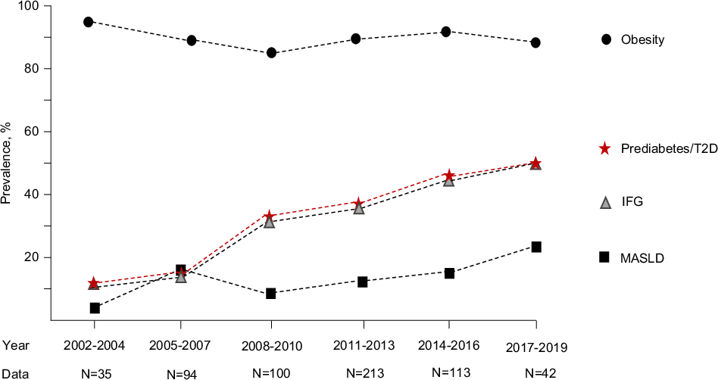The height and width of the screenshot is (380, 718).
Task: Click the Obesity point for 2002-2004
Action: (x=89, y=22)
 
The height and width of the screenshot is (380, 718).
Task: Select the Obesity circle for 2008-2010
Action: (x=271, y=53)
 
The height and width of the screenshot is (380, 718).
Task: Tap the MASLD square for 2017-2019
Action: (x=536, y=247)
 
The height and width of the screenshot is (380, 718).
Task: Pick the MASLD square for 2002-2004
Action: (x=95, y=308)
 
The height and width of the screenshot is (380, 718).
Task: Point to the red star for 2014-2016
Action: (x=448, y=176)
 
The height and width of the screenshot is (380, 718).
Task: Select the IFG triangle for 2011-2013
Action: (x=359, y=208)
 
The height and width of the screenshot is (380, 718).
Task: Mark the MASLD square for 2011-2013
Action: (x=363, y=282)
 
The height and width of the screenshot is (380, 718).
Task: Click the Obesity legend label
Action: (x=642, y=39)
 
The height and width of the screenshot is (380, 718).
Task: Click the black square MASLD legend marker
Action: (x=604, y=257)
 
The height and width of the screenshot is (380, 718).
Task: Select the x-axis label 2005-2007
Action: (x=180, y=344)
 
